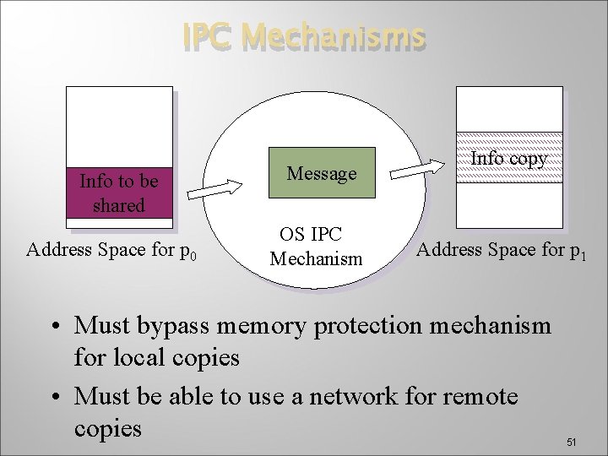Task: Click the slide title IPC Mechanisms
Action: click(305, 36)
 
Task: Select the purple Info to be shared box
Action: click(120, 193)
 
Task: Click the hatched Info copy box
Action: click(508, 158)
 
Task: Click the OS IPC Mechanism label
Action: click(315, 247)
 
